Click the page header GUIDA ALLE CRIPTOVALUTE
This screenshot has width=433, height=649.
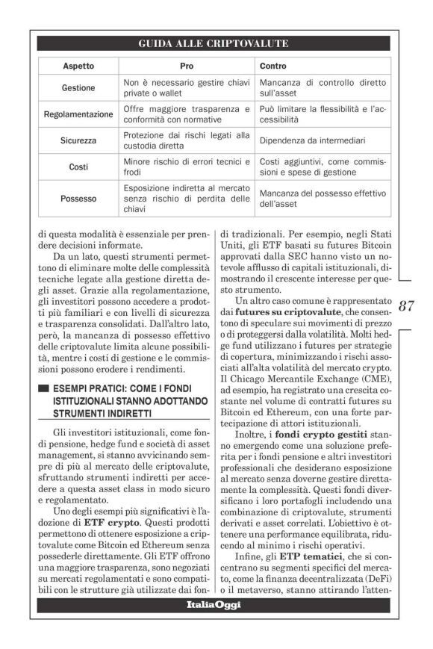tap(213, 44)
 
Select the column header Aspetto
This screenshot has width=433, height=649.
tap(78, 66)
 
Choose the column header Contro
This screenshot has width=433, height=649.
tap(273, 66)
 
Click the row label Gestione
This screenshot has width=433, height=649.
tap(78, 88)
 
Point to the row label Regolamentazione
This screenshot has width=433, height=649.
tap(78, 114)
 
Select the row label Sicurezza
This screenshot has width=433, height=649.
tap(78, 140)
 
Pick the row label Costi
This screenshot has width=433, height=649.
tap(78, 167)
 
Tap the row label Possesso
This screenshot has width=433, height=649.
tap(78, 199)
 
